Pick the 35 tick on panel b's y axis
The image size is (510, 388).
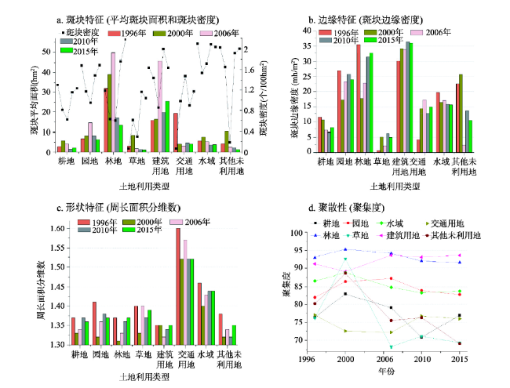308,46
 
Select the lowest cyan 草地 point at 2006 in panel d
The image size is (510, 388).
391,346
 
